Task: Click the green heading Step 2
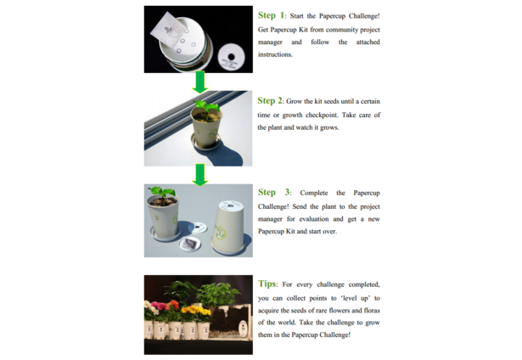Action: coord(270,101)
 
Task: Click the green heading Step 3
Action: coord(274,193)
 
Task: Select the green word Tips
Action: coord(267,284)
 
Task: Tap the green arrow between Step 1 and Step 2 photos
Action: coord(199,82)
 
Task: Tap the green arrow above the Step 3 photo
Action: coord(199,175)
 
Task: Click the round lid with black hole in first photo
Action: coord(232,57)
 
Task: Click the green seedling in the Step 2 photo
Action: coord(207,107)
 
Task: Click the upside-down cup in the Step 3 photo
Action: coord(229,227)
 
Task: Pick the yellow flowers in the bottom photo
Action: coord(196,313)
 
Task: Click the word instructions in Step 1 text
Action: coord(275,54)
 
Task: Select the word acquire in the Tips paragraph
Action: coord(268,311)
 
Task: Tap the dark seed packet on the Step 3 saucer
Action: coord(190,245)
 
